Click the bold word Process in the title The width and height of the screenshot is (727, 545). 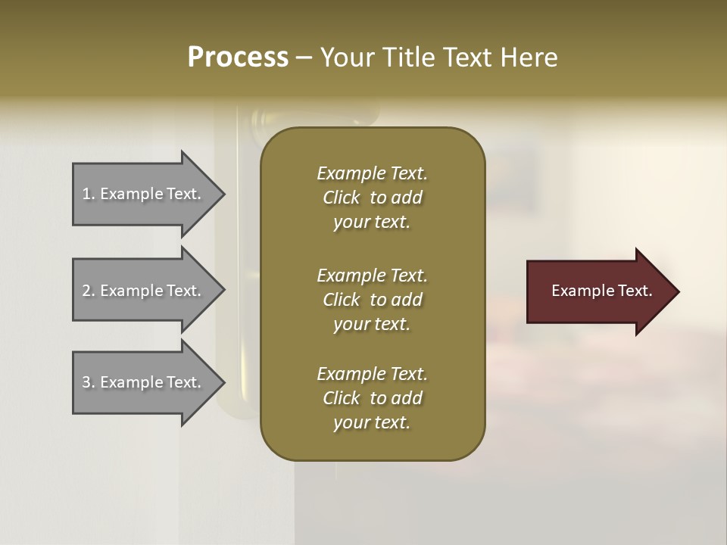click(x=238, y=58)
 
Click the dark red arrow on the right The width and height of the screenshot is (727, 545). click(x=598, y=291)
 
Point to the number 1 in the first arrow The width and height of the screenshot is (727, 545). click(x=86, y=194)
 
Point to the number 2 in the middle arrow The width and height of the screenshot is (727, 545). click(x=86, y=291)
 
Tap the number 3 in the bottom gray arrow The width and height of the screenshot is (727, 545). click(x=86, y=382)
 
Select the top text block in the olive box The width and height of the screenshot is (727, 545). click(x=372, y=198)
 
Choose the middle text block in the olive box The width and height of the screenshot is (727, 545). click(x=372, y=300)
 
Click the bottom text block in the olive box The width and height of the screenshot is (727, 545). click(x=372, y=398)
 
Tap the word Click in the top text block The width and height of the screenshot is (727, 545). click(x=341, y=198)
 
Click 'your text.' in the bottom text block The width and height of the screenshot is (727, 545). click(x=372, y=422)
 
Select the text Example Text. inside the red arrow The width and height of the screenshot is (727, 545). click(x=601, y=291)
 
